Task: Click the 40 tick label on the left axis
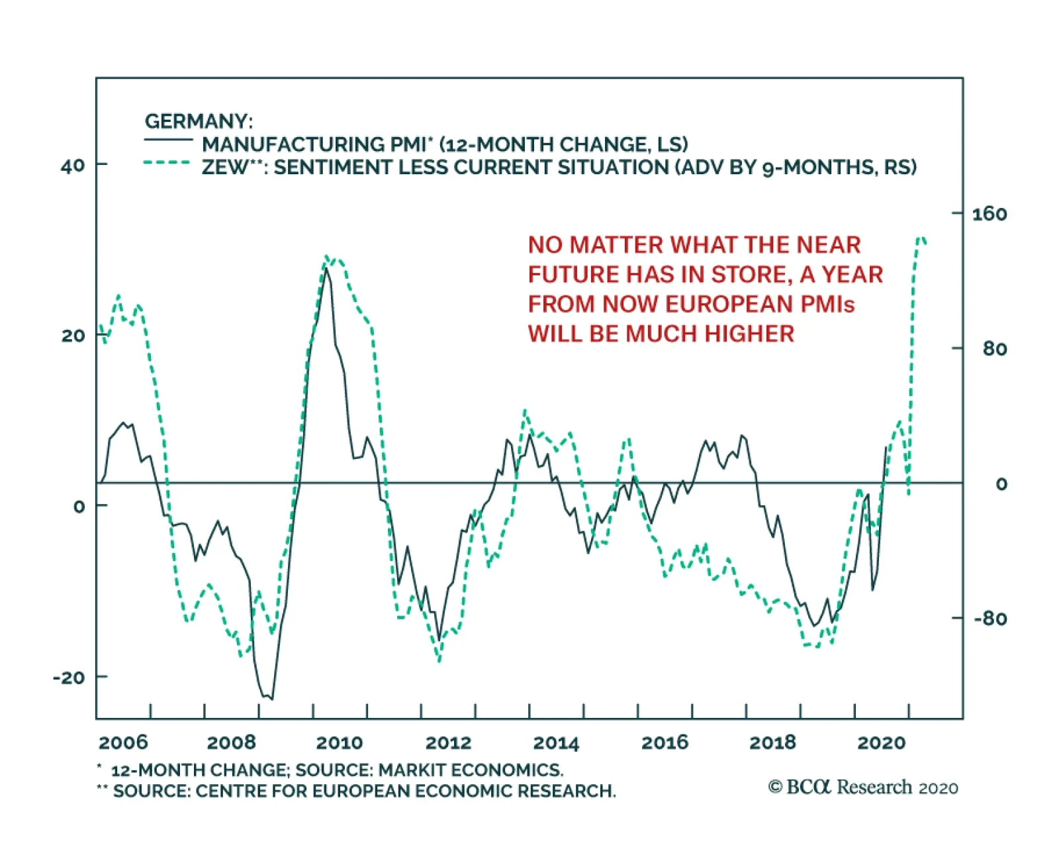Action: (x=73, y=166)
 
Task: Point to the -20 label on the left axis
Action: (x=69, y=678)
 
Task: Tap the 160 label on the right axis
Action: (x=989, y=214)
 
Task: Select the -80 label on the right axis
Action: (x=990, y=619)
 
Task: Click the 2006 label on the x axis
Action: (x=123, y=742)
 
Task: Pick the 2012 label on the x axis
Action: (x=448, y=742)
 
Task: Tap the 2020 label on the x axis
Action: (x=881, y=742)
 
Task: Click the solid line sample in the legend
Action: (x=168, y=140)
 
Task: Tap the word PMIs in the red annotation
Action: (x=827, y=304)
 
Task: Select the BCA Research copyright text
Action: (x=863, y=787)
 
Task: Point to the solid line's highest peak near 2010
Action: (x=326, y=269)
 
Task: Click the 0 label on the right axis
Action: (x=1001, y=484)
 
